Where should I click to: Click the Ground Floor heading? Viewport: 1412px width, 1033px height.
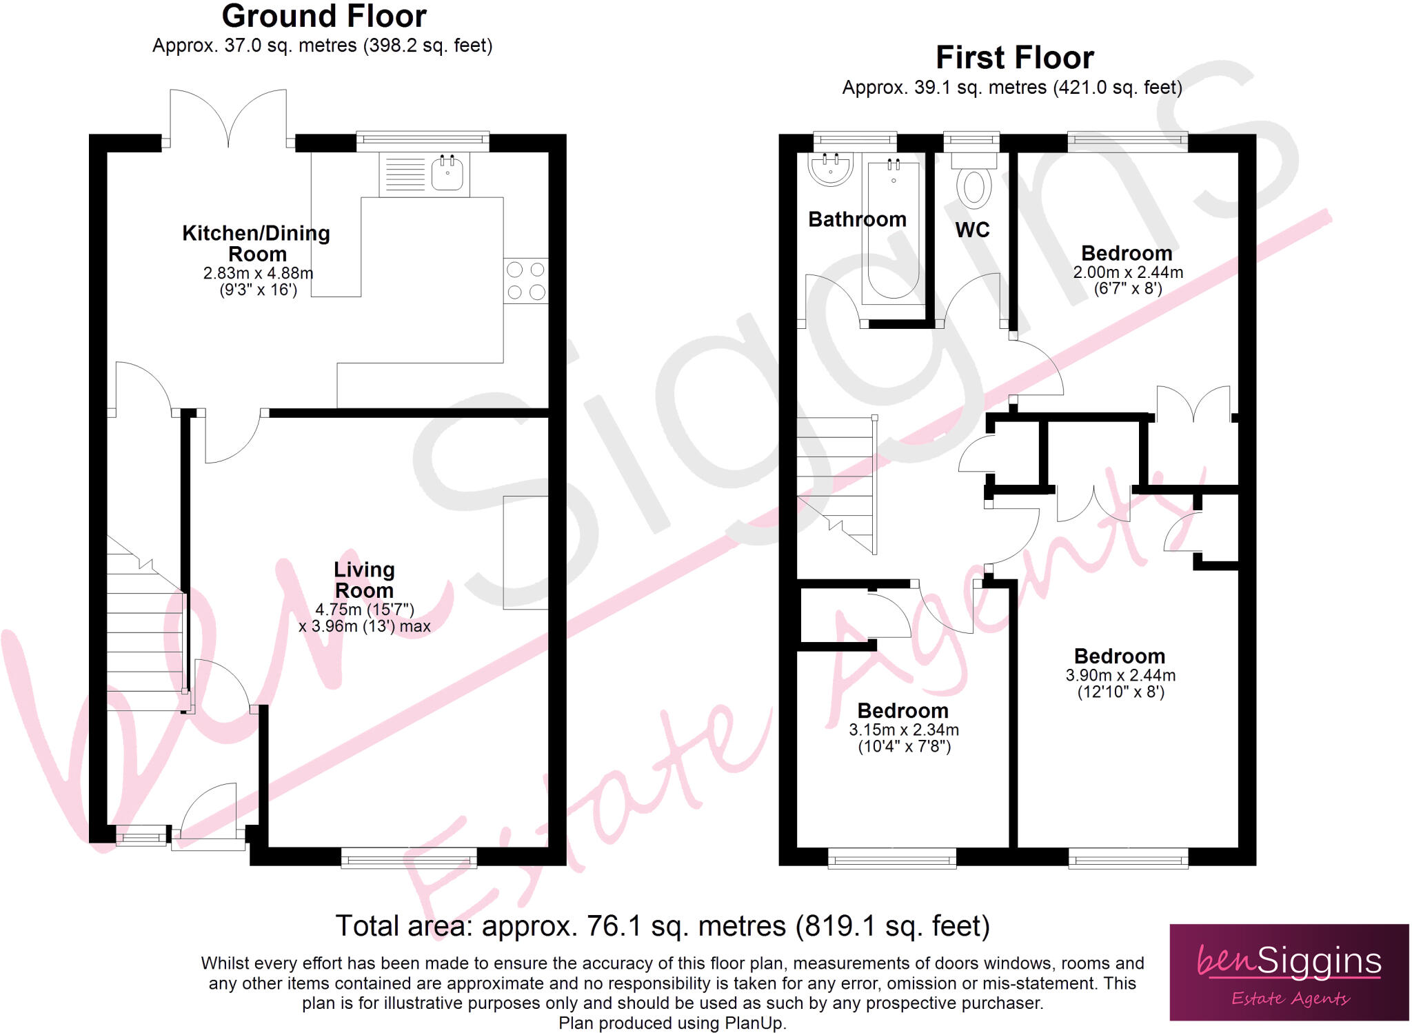pyautogui.click(x=324, y=17)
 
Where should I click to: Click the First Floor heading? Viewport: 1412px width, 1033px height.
pyautogui.click(x=1014, y=58)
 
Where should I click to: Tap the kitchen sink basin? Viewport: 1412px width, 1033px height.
pyautogui.click(x=447, y=172)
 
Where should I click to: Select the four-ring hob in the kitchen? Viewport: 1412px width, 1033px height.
pyautogui.click(x=526, y=281)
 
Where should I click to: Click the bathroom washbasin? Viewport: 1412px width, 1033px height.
pyautogui.click(x=830, y=168)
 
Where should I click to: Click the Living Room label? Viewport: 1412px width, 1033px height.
pyautogui.click(x=364, y=580)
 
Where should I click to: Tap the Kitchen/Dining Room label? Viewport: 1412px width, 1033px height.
pyautogui.click(x=256, y=243)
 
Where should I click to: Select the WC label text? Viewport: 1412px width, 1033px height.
pyautogui.click(x=972, y=230)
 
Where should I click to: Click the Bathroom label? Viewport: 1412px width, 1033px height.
pyautogui.click(x=857, y=219)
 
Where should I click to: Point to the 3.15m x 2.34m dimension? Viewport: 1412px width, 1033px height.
pyautogui.click(x=903, y=730)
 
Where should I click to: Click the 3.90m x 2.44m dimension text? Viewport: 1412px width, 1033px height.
pyautogui.click(x=1120, y=675)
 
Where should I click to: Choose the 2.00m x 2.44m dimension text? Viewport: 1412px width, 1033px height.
pyautogui.click(x=1128, y=272)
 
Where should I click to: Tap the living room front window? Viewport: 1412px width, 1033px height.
pyautogui.click(x=409, y=858)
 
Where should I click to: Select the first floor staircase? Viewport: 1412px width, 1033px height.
pyautogui.click(x=836, y=483)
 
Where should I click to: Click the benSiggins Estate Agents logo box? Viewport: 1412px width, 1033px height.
pyautogui.click(x=1289, y=972)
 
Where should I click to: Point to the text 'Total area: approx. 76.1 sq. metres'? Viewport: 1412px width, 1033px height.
pyautogui.click(x=560, y=926)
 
